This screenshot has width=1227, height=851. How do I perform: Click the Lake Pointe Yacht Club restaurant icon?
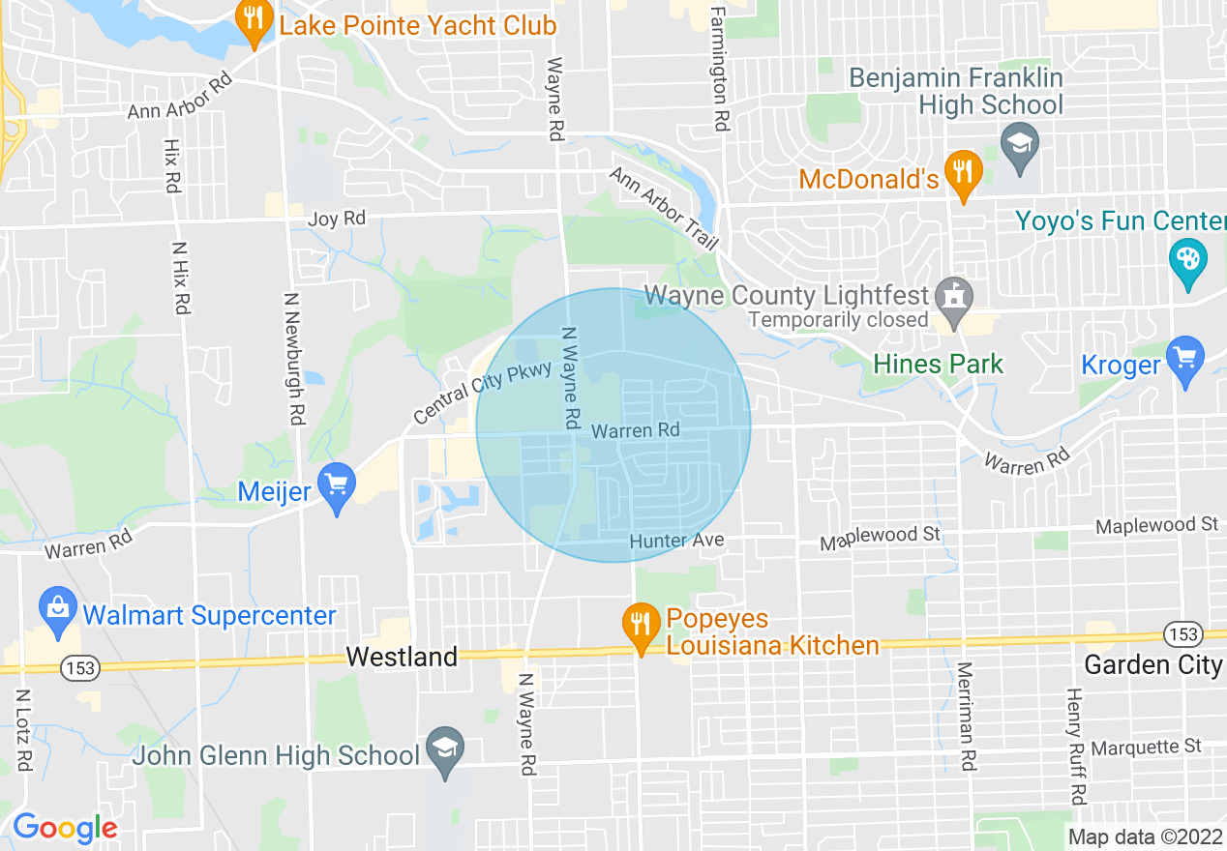[254, 23]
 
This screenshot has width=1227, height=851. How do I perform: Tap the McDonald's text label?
[869, 179]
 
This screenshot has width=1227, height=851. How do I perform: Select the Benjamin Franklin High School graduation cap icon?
[1020, 145]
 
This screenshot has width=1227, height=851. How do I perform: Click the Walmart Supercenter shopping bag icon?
[58, 611]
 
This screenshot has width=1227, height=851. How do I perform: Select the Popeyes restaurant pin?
[639, 624]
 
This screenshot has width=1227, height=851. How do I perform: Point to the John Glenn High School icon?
[445, 750]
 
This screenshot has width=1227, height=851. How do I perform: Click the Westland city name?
[402, 658]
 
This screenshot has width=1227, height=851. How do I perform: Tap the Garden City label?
[1153, 665]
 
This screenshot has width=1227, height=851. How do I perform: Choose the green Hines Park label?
[938, 364]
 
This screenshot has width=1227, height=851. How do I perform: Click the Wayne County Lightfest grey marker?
[955, 296]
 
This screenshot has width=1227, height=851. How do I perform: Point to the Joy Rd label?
[337, 219]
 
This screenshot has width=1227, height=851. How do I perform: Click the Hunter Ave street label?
[676, 541]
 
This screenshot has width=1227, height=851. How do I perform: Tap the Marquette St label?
[1146, 748]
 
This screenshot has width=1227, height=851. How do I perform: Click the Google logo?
[65, 828]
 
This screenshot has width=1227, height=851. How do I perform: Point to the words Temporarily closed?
[838, 319]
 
